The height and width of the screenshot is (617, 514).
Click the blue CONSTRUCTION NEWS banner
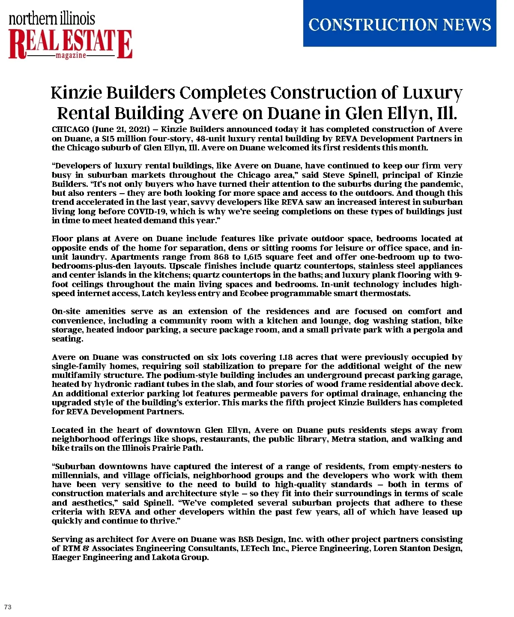tap(399, 24)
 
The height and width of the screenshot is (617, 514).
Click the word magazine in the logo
tap(71, 56)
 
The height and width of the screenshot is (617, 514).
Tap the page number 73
tap(8, 607)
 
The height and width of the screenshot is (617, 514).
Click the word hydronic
tap(114, 384)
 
